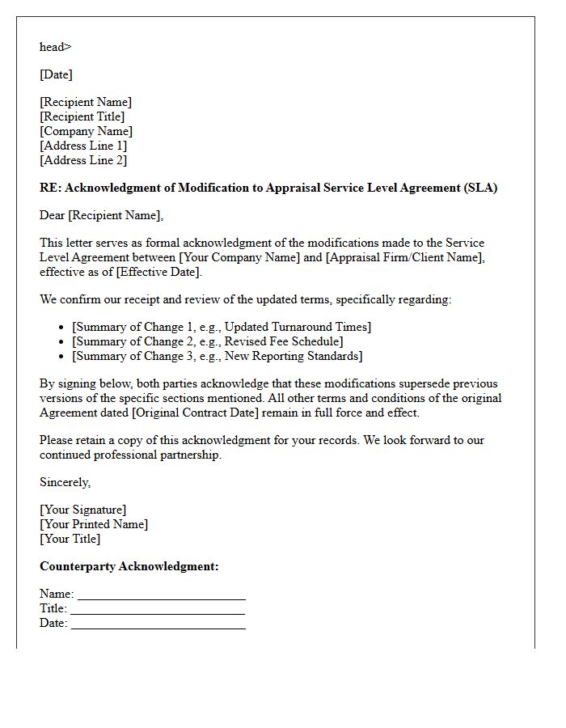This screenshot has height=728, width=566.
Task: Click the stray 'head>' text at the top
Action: coord(55,47)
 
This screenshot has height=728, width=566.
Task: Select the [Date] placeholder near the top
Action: coord(56,74)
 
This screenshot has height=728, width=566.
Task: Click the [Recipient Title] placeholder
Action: coord(82,116)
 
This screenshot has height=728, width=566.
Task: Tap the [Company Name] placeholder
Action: coord(86,131)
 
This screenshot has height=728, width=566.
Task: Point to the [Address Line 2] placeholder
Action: coord(83,160)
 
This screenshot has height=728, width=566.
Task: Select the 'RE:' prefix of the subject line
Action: coord(50,188)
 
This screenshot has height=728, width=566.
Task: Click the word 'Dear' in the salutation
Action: coord(53,215)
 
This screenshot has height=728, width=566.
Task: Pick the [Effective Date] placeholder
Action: coord(158,272)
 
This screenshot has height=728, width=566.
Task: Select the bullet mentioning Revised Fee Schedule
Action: coord(208,341)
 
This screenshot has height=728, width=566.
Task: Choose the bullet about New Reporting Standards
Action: coord(218,356)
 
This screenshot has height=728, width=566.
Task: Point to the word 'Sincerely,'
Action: coord(65,482)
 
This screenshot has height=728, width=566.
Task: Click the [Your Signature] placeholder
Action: coord(82,510)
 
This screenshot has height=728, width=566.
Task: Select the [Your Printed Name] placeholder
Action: coord(94,524)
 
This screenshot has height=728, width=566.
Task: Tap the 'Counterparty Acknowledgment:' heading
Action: coord(129,566)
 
